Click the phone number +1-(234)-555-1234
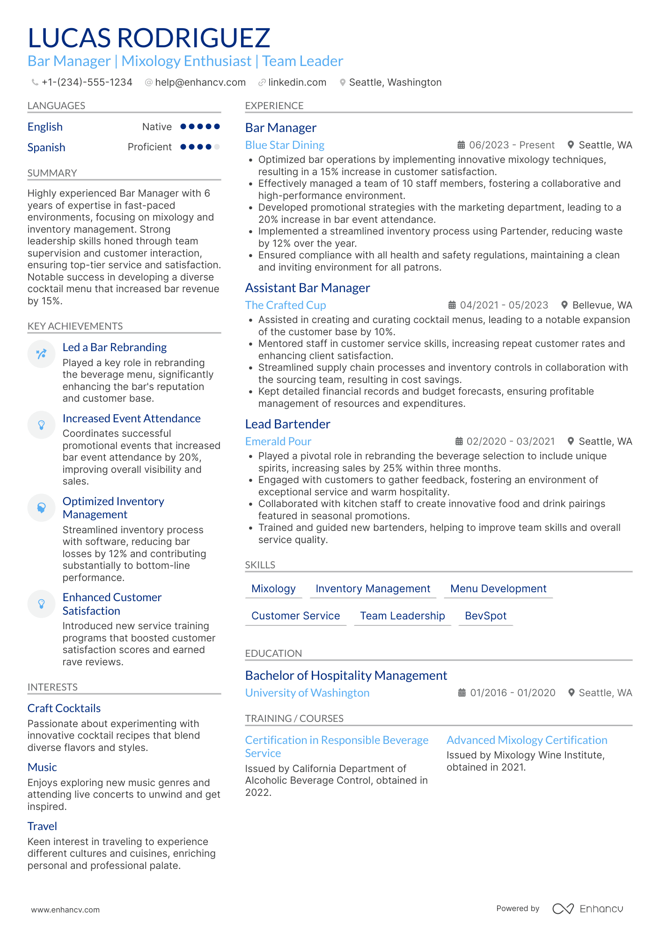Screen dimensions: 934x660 tap(87, 82)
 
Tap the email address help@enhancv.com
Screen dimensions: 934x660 tap(200, 82)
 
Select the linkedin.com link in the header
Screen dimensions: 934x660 tap(297, 82)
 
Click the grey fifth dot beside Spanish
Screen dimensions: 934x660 tap(217, 147)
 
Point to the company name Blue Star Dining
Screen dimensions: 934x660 tap(285, 145)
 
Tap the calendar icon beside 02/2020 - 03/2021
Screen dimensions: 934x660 tap(459, 441)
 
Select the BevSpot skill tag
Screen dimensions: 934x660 tap(485, 616)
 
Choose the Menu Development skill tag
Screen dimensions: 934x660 tap(498, 589)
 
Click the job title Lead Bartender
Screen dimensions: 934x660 tap(287, 424)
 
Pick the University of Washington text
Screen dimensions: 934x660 tap(307, 693)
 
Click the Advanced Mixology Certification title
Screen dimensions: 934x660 tap(527, 740)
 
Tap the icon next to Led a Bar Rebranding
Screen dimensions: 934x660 tap(41, 353)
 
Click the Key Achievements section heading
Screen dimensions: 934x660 tap(75, 326)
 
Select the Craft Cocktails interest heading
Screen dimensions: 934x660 tap(64, 708)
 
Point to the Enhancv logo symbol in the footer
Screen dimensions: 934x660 tap(563, 909)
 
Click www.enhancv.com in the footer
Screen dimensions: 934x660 tap(65, 910)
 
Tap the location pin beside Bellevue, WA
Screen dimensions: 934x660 tap(565, 305)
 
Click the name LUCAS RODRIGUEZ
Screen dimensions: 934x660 tap(149, 38)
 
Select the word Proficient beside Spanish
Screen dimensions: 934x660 tap(149, 147)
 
